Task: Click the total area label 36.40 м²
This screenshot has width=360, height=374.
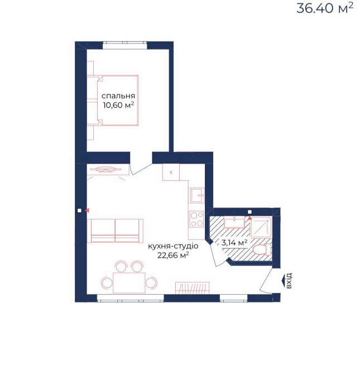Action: tap(325, 8)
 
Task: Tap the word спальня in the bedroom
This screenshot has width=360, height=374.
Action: tap(118, 96)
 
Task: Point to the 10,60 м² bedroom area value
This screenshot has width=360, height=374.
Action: tap(118, 105)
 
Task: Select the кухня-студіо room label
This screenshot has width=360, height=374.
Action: tap(173, 246)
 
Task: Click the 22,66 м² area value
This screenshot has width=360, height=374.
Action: tap(173, 255)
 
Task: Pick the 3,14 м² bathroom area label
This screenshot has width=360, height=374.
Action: tap(234, 243)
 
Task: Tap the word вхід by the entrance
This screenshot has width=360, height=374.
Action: tap(289, 280)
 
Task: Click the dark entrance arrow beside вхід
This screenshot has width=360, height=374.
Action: tap(283, 280)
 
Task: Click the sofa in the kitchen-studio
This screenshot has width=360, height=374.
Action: tap(115, 231)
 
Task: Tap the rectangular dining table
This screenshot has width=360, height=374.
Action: tap(129, 283)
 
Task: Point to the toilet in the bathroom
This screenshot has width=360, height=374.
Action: tap(262, 250)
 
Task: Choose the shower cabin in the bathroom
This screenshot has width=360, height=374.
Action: tap(261, 227)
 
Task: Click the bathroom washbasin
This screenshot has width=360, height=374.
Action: tap(234, 223)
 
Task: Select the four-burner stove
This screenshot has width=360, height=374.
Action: tap(197, 219)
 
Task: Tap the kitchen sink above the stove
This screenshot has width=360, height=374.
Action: tap(197, 195)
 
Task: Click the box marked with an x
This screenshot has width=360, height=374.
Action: tap(171, 172)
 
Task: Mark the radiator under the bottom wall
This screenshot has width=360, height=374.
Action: tap(193, 288)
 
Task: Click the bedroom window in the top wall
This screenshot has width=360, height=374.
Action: tap(124, 45)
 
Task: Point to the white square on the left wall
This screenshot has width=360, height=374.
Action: tap(79, 210)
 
